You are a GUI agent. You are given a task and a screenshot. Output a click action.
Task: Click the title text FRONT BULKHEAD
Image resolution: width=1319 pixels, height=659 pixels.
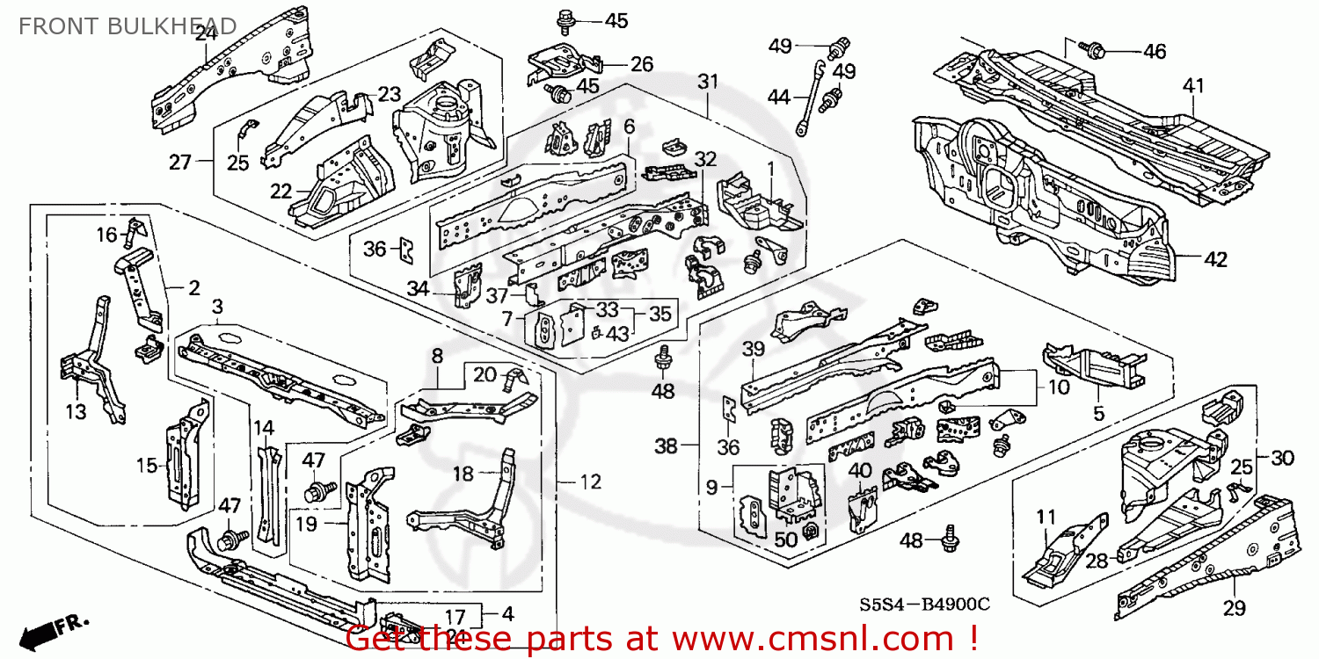pos(128,25)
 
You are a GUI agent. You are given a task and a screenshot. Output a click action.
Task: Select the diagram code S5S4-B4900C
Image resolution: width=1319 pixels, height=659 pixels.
pos(924,605)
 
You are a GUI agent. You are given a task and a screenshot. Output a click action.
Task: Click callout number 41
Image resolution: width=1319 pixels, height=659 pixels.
pos(1192,86)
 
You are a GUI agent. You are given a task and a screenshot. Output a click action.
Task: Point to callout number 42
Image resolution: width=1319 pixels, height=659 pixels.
pos(1215,259)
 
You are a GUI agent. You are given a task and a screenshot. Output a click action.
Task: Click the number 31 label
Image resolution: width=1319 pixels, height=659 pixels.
pos(708,82)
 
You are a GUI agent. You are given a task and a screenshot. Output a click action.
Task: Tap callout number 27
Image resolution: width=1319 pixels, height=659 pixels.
pos(180,162)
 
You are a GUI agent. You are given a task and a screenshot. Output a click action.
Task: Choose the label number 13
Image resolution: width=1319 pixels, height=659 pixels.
pos(77,411)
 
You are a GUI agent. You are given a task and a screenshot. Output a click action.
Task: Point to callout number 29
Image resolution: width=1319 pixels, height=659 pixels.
pos(1235,608)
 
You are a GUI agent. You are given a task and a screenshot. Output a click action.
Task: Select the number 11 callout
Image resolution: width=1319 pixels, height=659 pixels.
pos(1045,517)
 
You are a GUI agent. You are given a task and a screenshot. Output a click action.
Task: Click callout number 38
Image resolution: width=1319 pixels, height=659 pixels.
pos(667,446)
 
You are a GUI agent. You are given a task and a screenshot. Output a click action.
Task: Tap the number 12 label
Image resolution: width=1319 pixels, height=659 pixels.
pos(591,482)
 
